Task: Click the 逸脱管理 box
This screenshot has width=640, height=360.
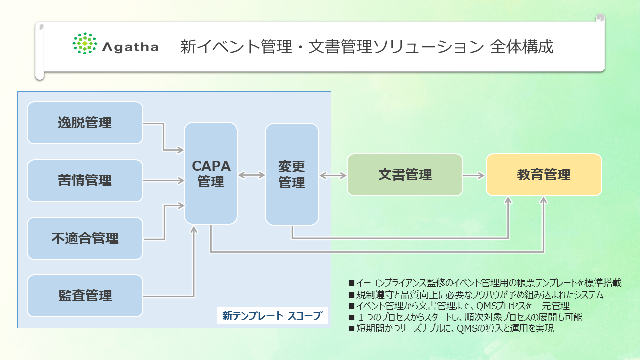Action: [x=85, y=123]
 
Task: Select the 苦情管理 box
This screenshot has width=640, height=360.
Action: [x=85, y=181]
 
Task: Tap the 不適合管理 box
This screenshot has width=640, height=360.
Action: [x=85, y=238]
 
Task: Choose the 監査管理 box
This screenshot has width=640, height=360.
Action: [x=85, y=296]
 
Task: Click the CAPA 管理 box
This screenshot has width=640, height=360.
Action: [x=211, y=173]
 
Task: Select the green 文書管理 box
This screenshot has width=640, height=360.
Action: [x=405, y=175]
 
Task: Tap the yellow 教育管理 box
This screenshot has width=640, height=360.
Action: [x=544, y=175]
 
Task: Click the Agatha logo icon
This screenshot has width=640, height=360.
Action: [x=84, y=43]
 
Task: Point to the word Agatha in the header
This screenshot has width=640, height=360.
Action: [x=130, y=47]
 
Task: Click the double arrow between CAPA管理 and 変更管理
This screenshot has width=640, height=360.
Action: [x=251, y=175]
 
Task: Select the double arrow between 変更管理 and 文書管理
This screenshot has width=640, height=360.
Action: [x=333, y=175]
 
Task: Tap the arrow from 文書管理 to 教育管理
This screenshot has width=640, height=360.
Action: [x=474, y=175]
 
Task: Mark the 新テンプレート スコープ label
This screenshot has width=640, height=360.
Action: [x=272, y=316]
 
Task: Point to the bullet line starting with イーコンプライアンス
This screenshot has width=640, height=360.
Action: [x=485, y=283]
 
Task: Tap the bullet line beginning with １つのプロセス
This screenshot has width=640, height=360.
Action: [x=465, y=317]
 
